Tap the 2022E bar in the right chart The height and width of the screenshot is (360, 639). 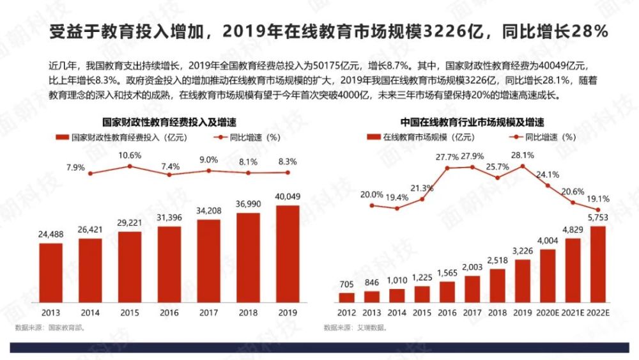pos(598,264)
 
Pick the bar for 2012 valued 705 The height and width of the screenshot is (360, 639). pos(346,297)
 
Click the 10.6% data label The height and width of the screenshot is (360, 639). pos(130,155)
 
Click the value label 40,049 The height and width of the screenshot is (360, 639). pos(288,196)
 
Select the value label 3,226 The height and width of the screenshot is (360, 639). pos(523,251)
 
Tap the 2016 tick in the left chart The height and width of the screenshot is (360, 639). pos(169,313)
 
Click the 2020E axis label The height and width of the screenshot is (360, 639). pos(548,313)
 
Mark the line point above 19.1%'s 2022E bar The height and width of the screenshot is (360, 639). pos(598,210)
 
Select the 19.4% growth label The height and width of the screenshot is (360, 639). pos(397,198)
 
